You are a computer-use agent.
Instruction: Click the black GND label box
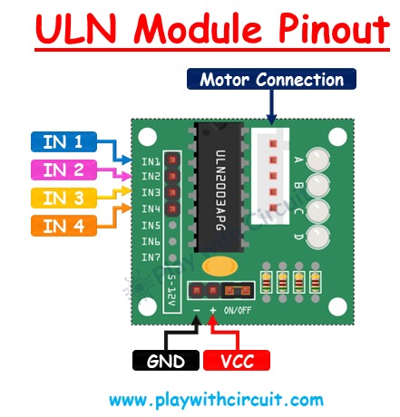(165, 361)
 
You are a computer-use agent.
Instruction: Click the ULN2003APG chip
(218, 190)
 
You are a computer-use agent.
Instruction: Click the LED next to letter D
(318, 239)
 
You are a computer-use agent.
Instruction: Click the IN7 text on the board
(151, 257)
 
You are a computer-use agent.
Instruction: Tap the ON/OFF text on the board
(239, 310)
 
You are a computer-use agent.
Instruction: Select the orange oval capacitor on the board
(220, 267)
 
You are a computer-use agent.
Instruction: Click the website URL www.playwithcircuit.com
(215, 399)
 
